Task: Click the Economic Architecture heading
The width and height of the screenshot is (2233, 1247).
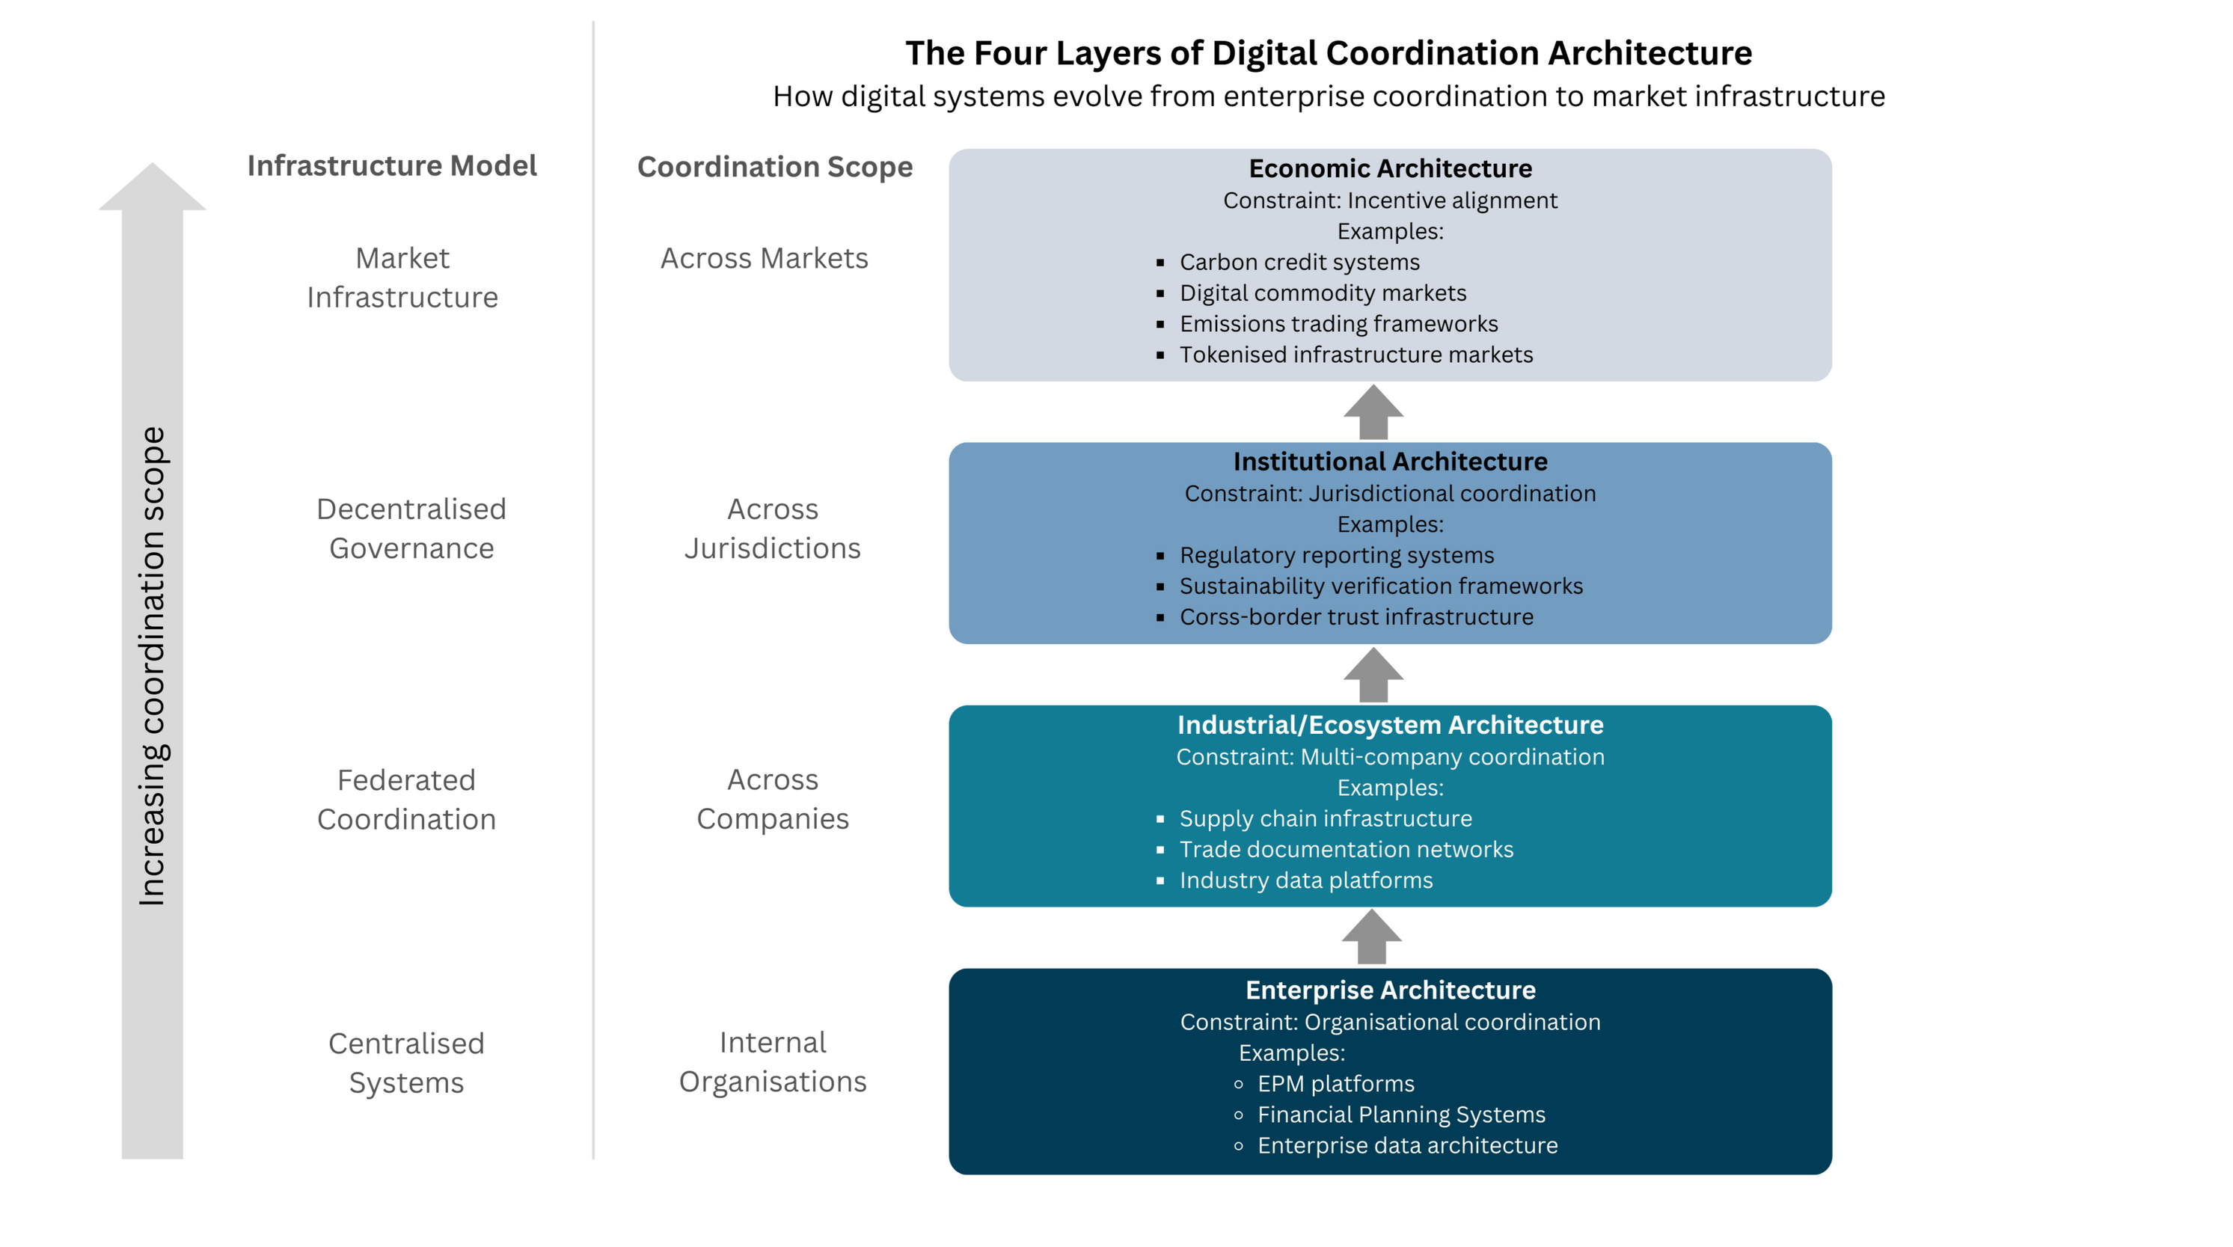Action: pos(1390,168)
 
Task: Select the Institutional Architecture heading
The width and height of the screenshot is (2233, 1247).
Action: pos(1390,461)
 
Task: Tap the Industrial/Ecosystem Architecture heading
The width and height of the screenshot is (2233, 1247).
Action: pos(1390,724)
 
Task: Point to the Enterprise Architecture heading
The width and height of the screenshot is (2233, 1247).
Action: pos(1390,990)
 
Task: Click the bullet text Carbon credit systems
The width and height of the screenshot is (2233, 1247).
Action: pos(1299,262)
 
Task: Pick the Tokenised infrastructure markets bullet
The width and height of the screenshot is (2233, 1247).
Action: pos(1356,355)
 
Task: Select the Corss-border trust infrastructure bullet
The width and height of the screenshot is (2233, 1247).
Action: pos(1356,617)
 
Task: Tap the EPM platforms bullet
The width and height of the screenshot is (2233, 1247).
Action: pos(1335,1083)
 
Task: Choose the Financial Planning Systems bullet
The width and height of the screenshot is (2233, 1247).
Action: pos(1401,1115)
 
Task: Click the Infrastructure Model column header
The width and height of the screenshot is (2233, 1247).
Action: pos(393,165)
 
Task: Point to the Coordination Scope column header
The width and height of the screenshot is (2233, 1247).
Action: pos(774,166)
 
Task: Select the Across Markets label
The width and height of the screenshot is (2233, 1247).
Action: pos(764,258)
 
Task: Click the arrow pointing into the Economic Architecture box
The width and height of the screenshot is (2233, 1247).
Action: pos(1372,412)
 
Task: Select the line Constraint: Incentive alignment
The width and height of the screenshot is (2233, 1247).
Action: pos(1390,200)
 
